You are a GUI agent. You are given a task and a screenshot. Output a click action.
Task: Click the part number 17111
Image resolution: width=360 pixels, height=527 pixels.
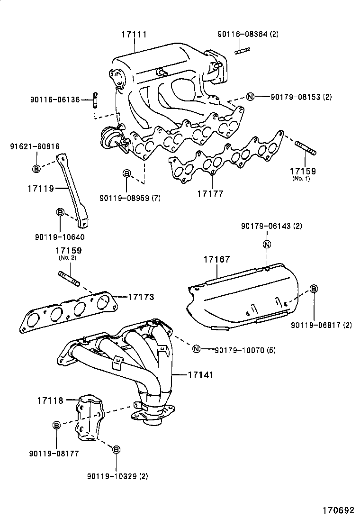[x=134, y=35]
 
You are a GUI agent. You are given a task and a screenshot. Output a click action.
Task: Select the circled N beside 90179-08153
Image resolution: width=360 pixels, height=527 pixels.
[x=251, y=97]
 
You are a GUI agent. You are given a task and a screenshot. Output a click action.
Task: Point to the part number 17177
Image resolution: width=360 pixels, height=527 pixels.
[x=210, y=194]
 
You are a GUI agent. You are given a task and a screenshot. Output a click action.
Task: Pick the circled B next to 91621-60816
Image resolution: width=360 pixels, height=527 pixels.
[x=36, y=168]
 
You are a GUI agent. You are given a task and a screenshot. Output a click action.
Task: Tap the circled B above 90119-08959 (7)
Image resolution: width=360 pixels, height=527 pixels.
[x=126, y=174]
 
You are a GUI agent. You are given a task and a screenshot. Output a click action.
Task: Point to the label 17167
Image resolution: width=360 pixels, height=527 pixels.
[x=217, y=259]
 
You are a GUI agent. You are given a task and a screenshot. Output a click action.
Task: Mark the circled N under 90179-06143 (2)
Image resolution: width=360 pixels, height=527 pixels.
[x=267, y=245]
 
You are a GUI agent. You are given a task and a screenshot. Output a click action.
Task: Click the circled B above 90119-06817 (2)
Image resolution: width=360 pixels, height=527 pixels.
[x=314, y=289]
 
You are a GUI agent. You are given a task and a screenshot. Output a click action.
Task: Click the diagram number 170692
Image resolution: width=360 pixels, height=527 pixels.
[x=338, y=510]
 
